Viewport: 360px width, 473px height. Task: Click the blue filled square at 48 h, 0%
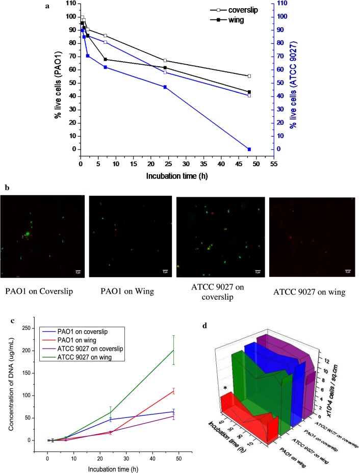tap(249, 149)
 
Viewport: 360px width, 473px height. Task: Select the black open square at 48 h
tap(249, 76)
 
